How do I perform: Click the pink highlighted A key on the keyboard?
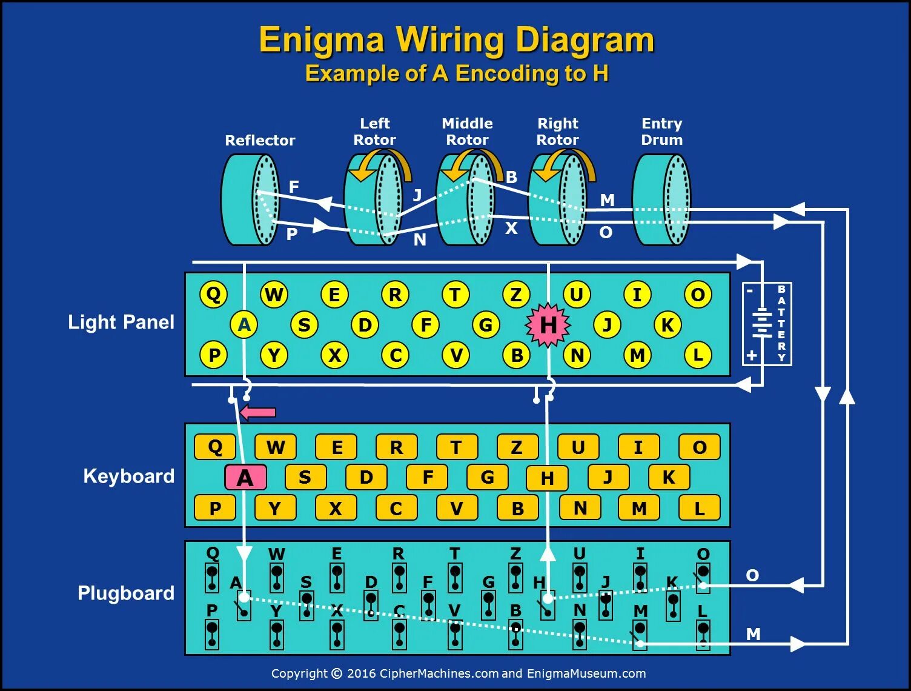[x=245, y=478]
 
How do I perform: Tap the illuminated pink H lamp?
[x=548, y=325]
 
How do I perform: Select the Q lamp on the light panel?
[x=213, y=295]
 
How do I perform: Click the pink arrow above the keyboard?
[x=258, y=413]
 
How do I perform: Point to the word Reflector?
[x=260, y=141]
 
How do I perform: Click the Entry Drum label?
[x=661, y=132]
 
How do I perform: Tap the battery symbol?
[x=761, y=323]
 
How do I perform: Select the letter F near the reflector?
[x=294, y=187]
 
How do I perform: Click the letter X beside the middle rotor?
[x=511, y=229]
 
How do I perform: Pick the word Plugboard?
[x=126, y=593]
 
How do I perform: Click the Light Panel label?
[x=121, y=322]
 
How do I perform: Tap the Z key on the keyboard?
[x=517, y=447]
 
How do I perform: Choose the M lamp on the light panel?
[x=637, y=355]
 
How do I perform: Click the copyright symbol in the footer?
[x=336, y=673]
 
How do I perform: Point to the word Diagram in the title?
[x=585, y=40]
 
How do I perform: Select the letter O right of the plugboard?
[x=752, y=575]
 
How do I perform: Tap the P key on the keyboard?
[x=214, y=508]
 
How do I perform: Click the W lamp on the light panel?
[x=274, y=295]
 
